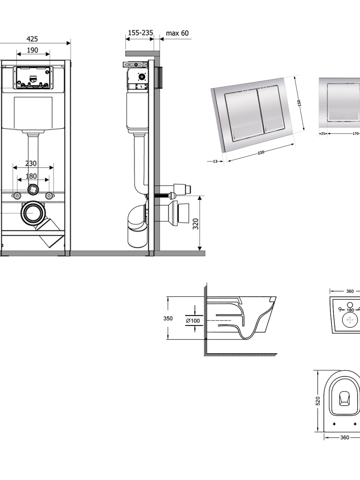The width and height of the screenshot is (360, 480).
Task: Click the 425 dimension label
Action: (32, 39)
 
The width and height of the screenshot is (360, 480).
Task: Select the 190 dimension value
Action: (32, 50)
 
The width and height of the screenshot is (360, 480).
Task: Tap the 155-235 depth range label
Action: (140, 33)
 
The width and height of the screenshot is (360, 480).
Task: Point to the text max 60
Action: (177, 33)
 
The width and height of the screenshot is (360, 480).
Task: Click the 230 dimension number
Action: (31, 163)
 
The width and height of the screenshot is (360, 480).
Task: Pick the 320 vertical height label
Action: (196, 224)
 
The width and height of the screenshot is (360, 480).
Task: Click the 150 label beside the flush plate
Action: (299, 103)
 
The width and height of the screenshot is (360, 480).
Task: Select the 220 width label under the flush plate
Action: (261, 152)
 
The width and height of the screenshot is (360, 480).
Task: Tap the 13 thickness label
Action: (215, 161)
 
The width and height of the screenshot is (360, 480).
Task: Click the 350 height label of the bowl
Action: (168, 318)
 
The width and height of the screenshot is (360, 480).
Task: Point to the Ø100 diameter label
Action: (193, 321)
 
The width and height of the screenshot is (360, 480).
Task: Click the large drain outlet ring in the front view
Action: (33, 213)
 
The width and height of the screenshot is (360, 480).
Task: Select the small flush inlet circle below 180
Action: (33, 189)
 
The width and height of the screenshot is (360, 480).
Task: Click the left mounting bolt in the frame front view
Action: (17, 195)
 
